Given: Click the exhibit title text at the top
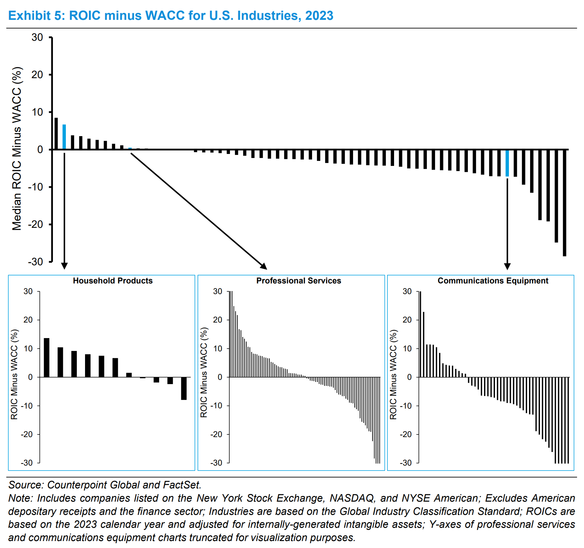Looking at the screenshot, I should coord(170,16).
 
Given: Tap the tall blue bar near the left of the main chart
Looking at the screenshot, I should coord(64,137).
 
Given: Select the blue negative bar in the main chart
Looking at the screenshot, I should coord(507,163).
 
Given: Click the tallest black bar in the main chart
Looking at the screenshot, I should coord(56,133).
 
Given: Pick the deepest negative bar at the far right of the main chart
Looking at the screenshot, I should coord(564,203).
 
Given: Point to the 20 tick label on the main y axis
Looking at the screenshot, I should coord(37,75).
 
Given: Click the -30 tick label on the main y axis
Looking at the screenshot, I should coord(35,262).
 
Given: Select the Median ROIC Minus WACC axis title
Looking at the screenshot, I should coord(17,149).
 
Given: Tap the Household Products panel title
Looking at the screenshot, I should coord(112,281).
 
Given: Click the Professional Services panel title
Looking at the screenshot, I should coord(298,281).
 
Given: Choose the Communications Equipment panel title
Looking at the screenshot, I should coord(493,281).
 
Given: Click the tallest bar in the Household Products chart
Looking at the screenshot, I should coord(47,358).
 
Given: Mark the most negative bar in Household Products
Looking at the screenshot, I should coord(184,388).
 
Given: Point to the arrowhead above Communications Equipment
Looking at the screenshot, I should coord(507,267).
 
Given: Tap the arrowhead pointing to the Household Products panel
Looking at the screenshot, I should coord(65,266).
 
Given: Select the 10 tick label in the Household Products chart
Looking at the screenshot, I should coord(28,349).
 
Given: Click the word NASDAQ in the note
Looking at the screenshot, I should coord(352,498).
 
